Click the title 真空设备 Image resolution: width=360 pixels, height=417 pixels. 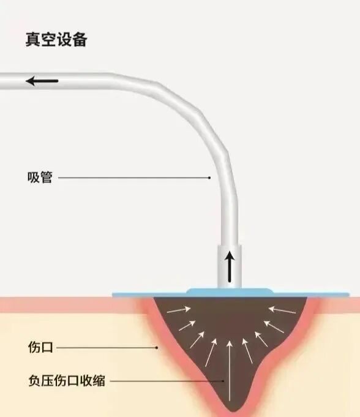pos(56,40)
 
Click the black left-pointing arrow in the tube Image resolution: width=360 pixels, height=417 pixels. pos(42,80)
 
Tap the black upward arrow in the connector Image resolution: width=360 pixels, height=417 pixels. pos(230,265)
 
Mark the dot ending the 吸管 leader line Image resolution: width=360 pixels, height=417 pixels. pos(209,178)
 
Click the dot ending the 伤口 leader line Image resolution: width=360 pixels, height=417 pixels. pos(157,348)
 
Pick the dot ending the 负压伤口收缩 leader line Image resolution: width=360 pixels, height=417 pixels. pos(223,381)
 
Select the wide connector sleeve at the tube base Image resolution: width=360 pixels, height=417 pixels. pos(230,263)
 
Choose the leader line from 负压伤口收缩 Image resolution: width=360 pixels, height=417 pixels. pos(165,381)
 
